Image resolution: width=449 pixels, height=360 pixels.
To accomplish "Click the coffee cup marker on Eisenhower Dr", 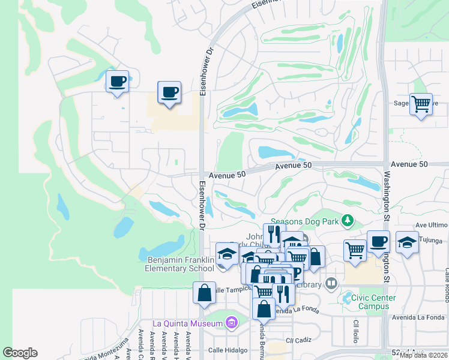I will pos(169,93).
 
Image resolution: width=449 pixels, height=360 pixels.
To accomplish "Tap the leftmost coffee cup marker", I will pos(117,81).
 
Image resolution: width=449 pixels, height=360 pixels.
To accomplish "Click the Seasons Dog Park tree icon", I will pos(347,221).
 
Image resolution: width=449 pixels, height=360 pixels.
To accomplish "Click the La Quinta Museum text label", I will pos(187,323).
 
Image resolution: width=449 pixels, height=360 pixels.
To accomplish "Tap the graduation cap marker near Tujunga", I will pos(407,243).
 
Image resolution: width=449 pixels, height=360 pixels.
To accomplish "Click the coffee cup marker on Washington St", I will pos(378,242).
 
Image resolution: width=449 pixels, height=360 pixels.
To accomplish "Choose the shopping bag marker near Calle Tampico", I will pos(204,293).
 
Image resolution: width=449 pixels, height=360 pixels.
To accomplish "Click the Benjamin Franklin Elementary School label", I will pos(180,264).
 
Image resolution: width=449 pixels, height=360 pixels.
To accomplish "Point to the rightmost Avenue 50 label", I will pos(409,164).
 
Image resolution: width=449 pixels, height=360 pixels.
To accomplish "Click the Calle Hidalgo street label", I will pos(224,350).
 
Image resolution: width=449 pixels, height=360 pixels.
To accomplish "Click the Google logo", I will pos(20,353).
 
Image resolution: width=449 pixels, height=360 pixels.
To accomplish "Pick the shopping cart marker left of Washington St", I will pos(355,249).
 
